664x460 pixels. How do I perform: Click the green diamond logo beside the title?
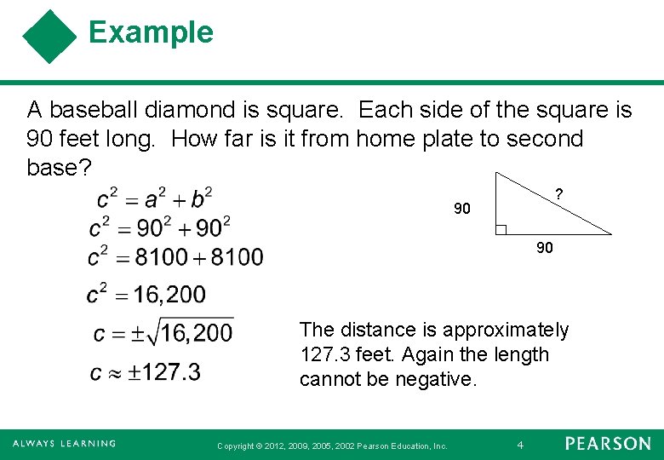(x=49, y=37)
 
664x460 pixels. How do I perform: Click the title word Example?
(x=151, y=32)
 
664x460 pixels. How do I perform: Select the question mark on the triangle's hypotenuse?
(x=558, y=194)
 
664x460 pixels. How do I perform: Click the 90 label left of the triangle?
(x=462, y=209)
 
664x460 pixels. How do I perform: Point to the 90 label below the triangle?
(x=545, y=248)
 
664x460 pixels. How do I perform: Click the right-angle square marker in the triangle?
(x=501, y=229)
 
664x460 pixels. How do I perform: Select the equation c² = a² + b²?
(x=154, y=198)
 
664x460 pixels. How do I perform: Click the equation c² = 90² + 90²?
(x=159, y=227)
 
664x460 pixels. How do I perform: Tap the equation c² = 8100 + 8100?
(x=175, y=256)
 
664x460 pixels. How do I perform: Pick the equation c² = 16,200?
(x=146, y=295)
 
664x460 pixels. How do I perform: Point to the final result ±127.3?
(x=170, y=372)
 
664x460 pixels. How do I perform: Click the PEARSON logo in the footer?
(x=608, y=444)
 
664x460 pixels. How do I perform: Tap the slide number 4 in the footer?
(x=521, y=445)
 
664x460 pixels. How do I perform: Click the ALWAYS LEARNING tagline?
(x=64, y=444)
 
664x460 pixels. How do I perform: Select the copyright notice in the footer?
(x=332, y=446)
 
